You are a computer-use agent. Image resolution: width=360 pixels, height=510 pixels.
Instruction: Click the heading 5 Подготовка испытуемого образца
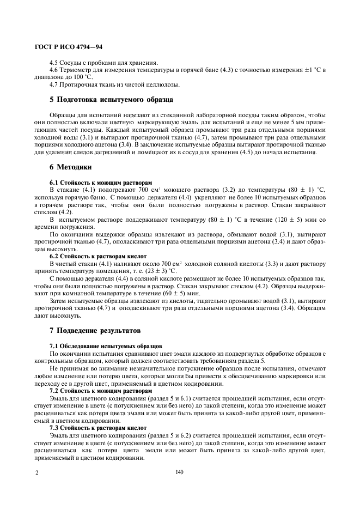pos(112,100)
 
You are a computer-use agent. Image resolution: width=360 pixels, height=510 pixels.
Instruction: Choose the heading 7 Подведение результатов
pos(95,330)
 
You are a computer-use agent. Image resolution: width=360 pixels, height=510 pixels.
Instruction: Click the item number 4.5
pos(54,63)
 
